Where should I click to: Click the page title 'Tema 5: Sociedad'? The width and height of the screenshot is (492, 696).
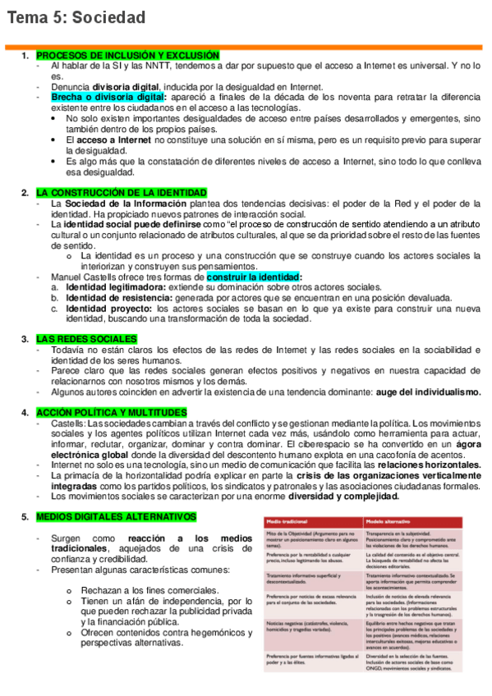click(76, 18)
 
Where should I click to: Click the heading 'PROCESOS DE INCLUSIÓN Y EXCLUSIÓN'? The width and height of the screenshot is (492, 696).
click(127, 55)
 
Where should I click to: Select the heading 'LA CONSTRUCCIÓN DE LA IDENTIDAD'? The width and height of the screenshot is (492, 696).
click(120, 193)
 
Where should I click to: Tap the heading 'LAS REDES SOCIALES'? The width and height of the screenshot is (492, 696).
click(86, 339)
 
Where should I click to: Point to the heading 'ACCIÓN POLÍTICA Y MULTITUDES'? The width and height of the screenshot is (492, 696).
click(112, 412)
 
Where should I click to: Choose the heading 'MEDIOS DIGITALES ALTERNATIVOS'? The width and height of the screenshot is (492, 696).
click(116, 517)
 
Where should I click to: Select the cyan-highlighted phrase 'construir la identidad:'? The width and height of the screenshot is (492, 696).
click(254, 277)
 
